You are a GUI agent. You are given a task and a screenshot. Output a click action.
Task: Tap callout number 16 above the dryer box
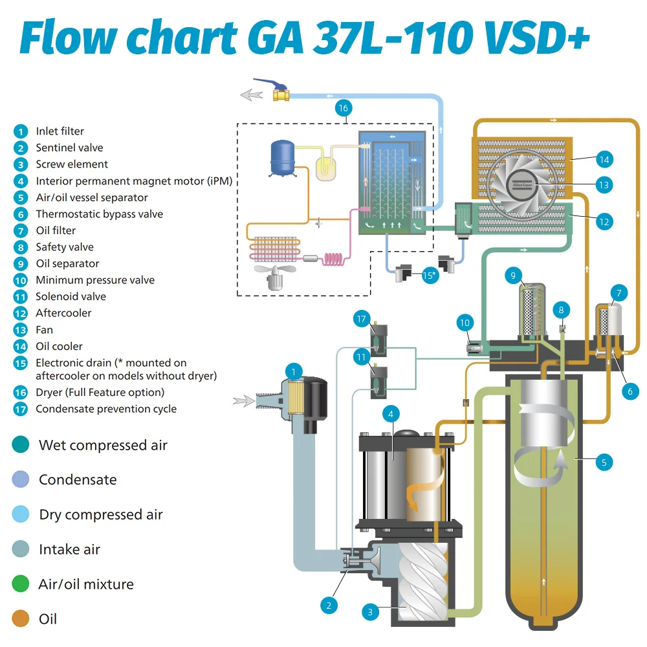[344, 108]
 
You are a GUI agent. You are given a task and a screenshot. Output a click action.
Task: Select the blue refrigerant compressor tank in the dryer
[282, 158]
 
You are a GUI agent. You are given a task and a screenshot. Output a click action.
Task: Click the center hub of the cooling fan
[522, 185]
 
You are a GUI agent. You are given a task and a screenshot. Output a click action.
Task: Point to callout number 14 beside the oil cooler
[604, 160]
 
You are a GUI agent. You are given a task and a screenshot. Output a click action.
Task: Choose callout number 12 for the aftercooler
[604, 222]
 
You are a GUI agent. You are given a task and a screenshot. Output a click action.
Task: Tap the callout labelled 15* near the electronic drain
[430, 275]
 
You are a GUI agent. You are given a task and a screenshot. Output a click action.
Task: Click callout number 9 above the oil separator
[513, 275]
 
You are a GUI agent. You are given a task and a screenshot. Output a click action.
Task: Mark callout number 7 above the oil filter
[619, 293]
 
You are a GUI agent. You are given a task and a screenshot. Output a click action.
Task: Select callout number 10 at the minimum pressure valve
[465, 323]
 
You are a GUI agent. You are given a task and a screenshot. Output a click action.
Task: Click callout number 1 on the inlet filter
[293, 372]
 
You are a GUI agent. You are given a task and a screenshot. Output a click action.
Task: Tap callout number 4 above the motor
[391, 414]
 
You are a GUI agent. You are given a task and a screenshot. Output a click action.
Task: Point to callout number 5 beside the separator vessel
[604, 463]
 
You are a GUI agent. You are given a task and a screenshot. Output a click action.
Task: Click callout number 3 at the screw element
[370, 612]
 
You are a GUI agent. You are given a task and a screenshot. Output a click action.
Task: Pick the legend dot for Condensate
[21, 479]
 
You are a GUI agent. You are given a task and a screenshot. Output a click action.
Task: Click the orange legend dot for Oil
[21, 619]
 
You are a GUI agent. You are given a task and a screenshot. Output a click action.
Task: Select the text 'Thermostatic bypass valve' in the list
[100, 214]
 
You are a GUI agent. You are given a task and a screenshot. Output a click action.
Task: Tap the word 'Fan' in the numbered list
[44, 330]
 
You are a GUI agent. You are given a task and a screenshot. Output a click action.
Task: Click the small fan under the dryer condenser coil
[275, 277]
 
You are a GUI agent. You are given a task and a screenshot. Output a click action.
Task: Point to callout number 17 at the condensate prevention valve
[362, 319]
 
